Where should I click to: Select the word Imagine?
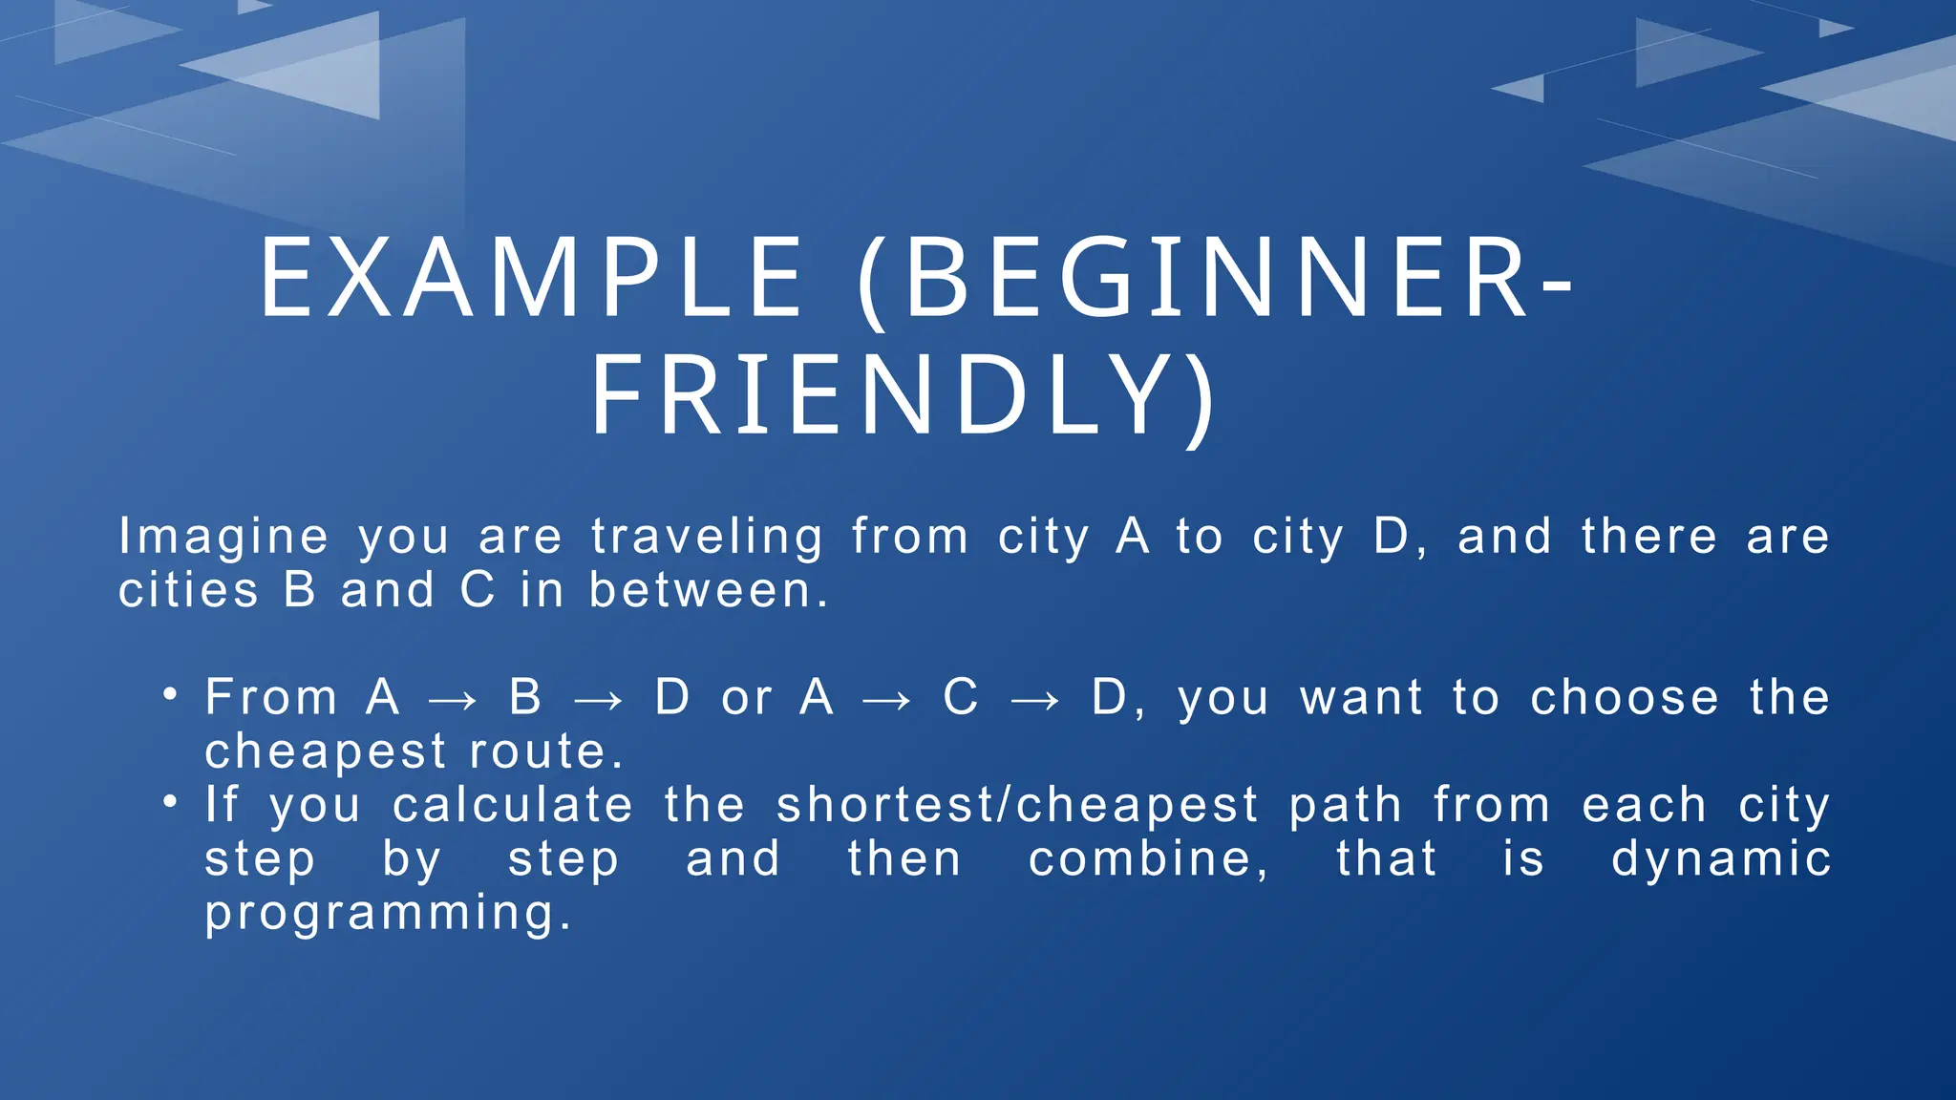click(x=223, y=538)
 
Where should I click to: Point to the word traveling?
click(x=707, y=538)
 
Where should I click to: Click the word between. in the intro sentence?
click(x=710, y=591)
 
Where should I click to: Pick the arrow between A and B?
click(x=453, y=701)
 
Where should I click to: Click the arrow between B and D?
click(x=599, y=701)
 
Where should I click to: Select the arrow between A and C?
click(x=886, y=701)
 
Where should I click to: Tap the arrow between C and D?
click(x=1035, y=701)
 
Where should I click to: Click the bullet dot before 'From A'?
click(x=170, y=694)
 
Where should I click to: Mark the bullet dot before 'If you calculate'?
click(x=170, y=802)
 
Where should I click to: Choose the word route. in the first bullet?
click(x=547, y=752)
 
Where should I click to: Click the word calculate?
click(x=513, y=805)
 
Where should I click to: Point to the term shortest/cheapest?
click(x=1017, y=806)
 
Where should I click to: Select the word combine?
click(x=1149, y=859)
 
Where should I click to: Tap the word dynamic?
click(x=1721, y=859)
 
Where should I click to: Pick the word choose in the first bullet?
click(x=1625, y=698)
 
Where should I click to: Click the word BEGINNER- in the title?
click(x=1237, y=280)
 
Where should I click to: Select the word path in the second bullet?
click(x=1346, y=806)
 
